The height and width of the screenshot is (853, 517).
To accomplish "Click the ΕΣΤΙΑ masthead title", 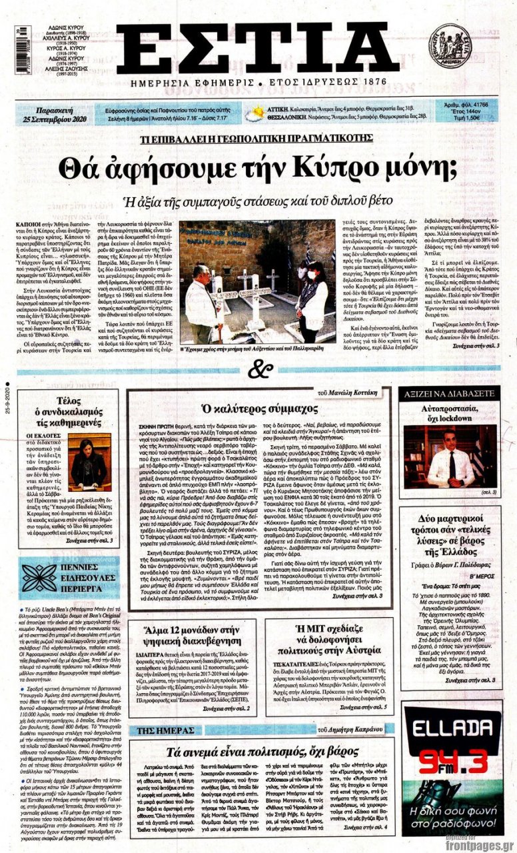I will pyautogui.click(x=258, y=48).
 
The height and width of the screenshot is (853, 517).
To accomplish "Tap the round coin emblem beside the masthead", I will pyautogui.click(x=450, y=46).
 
